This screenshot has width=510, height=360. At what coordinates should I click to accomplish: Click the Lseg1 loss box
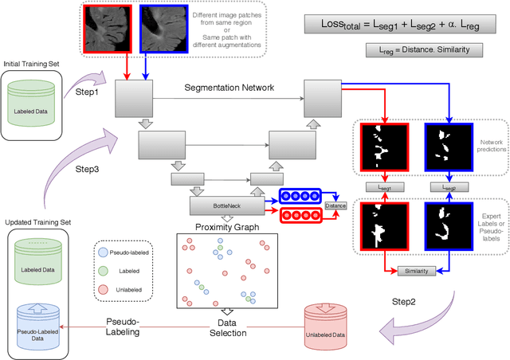pyautogui.click(x=383, y=186)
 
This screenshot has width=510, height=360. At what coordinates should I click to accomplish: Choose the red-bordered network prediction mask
pyautogui.click(x=383, y=147)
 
